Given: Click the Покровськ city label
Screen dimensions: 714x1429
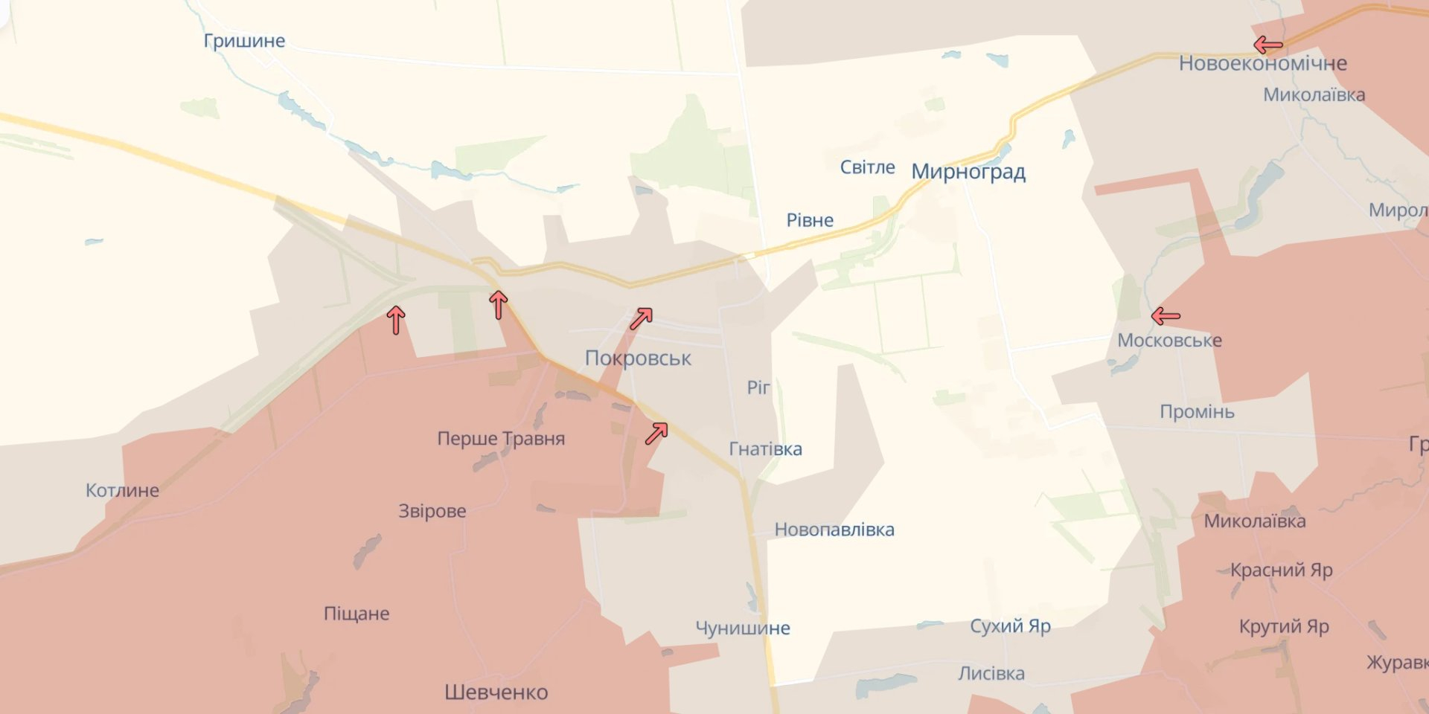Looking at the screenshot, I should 638,358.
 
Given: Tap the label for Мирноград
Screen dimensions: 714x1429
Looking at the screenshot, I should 968,172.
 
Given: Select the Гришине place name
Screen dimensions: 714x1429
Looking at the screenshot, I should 244,41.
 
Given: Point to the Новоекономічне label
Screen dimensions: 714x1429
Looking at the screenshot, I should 1262,63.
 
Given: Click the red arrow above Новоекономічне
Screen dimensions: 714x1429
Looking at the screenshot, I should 1268,45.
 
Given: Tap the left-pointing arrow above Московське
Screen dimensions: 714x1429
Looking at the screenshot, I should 1166,317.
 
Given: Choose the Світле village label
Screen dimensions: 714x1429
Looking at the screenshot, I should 867,167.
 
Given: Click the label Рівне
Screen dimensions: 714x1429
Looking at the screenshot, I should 810,220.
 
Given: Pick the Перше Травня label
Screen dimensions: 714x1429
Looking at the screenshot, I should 501,439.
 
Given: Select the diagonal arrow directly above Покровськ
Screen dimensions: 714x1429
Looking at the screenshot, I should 641,319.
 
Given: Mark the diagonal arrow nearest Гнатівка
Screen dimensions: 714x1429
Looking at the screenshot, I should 656,433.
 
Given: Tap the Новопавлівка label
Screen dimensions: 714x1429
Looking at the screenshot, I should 834,530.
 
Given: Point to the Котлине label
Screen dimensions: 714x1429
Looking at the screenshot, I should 122,491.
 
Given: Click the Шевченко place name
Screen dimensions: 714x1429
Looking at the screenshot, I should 496,692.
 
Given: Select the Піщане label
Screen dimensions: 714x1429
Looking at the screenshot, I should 357,614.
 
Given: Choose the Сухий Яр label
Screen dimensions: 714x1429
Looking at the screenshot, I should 1010,626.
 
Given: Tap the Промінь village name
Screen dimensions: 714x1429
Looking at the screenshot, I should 1197,412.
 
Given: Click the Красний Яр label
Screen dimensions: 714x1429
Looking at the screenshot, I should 1281,570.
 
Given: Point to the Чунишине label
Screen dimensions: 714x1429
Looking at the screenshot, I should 742,628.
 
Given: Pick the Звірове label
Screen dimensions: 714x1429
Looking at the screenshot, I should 432,511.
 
